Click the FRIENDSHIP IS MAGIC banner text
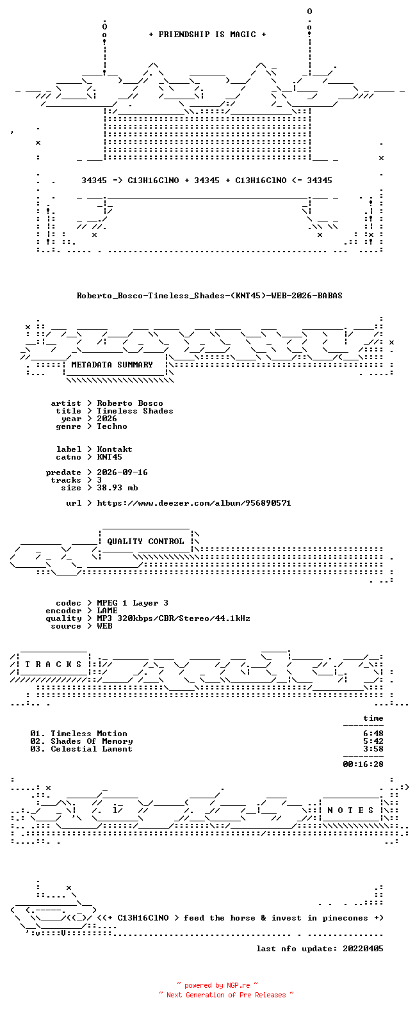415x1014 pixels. [x=207, y=35]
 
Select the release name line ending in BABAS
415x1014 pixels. [x=209, y=296]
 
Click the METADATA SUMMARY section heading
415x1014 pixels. [x=112, y=365]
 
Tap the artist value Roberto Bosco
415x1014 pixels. [x=130, y=403]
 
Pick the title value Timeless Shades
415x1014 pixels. [x=135, y=411]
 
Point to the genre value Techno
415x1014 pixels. [x=112, y=426]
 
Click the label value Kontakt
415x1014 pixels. [x=115, y=449]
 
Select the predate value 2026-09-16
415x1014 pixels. [x=122, y=472]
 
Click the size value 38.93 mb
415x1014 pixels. [x=117, y=488]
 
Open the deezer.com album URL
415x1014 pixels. [x=194, y=503]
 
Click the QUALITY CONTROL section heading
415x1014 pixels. [x=145, y=542]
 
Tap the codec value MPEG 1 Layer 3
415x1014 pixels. [x=133, y=603]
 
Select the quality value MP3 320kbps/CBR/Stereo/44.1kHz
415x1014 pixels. [x=174, y=618]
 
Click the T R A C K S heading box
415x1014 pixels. [x=53, y=664]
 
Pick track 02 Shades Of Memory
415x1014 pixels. [x=81, y=741]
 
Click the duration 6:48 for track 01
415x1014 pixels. [x=373, y=734]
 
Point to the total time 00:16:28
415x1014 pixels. [x=363, y=764]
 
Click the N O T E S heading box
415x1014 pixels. [x=351, y=810]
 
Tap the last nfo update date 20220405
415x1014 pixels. [x=363, y=949]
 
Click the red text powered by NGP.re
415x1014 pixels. [x=217, y=985]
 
